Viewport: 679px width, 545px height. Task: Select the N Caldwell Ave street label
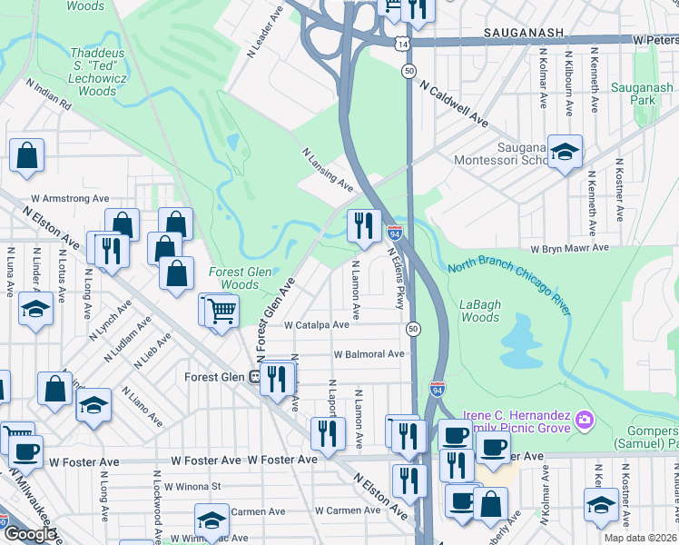(x=453, y=103)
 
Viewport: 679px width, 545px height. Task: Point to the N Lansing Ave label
(x=327, y=169)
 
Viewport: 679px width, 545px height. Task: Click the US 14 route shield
(x=401, y=44)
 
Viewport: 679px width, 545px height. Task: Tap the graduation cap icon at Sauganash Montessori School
(x=565, y=153)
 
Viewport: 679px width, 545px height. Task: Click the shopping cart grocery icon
(x=219, y=311)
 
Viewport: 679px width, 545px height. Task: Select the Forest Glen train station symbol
(x=257, y=378)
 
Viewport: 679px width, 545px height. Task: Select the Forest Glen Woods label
(x=234, y=278)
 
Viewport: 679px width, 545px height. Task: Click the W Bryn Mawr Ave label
(x=569, y=248)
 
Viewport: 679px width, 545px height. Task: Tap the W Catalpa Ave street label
(x=316, y=324)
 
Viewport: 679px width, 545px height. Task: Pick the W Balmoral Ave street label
(x=369, y=354)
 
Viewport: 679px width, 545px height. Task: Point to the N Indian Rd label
(x=48, y=94)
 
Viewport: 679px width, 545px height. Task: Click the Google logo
(x=30, y=533)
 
